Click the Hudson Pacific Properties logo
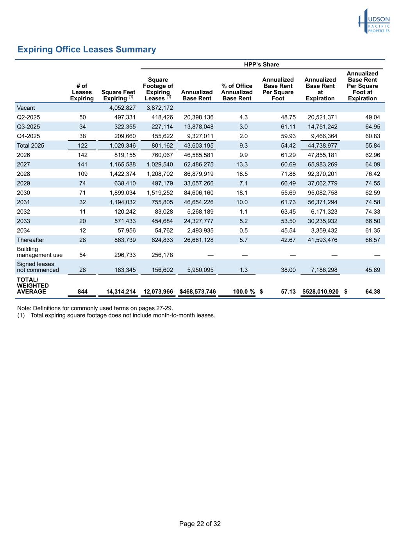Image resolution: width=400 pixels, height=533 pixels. tap(374, 21)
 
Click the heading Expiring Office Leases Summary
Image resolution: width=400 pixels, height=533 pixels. tap(87, 50)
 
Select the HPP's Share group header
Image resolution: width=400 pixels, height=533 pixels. tap(261, 64)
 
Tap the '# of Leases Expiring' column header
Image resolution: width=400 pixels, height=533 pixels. tap(82, 92)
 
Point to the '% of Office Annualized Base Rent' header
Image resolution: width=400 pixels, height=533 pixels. tap(237, 92)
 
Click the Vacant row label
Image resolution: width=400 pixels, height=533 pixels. tap(26, 108)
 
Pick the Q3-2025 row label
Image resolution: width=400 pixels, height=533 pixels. tap(28, 127)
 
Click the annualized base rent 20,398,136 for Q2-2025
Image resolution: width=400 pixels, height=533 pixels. tap(198, 117)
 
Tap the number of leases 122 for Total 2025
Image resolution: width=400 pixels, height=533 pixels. tap(82, 146)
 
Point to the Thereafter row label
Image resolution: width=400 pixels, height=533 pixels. tap(30, 240)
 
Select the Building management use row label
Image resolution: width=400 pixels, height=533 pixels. tap(39, 252)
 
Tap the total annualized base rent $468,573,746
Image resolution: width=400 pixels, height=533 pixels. tap(197, 292)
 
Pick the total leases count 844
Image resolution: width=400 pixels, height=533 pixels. tap(82, 292)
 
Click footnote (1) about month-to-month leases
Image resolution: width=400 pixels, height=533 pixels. tap(116, 315)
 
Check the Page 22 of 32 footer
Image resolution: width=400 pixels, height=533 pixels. tap(200, 524)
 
